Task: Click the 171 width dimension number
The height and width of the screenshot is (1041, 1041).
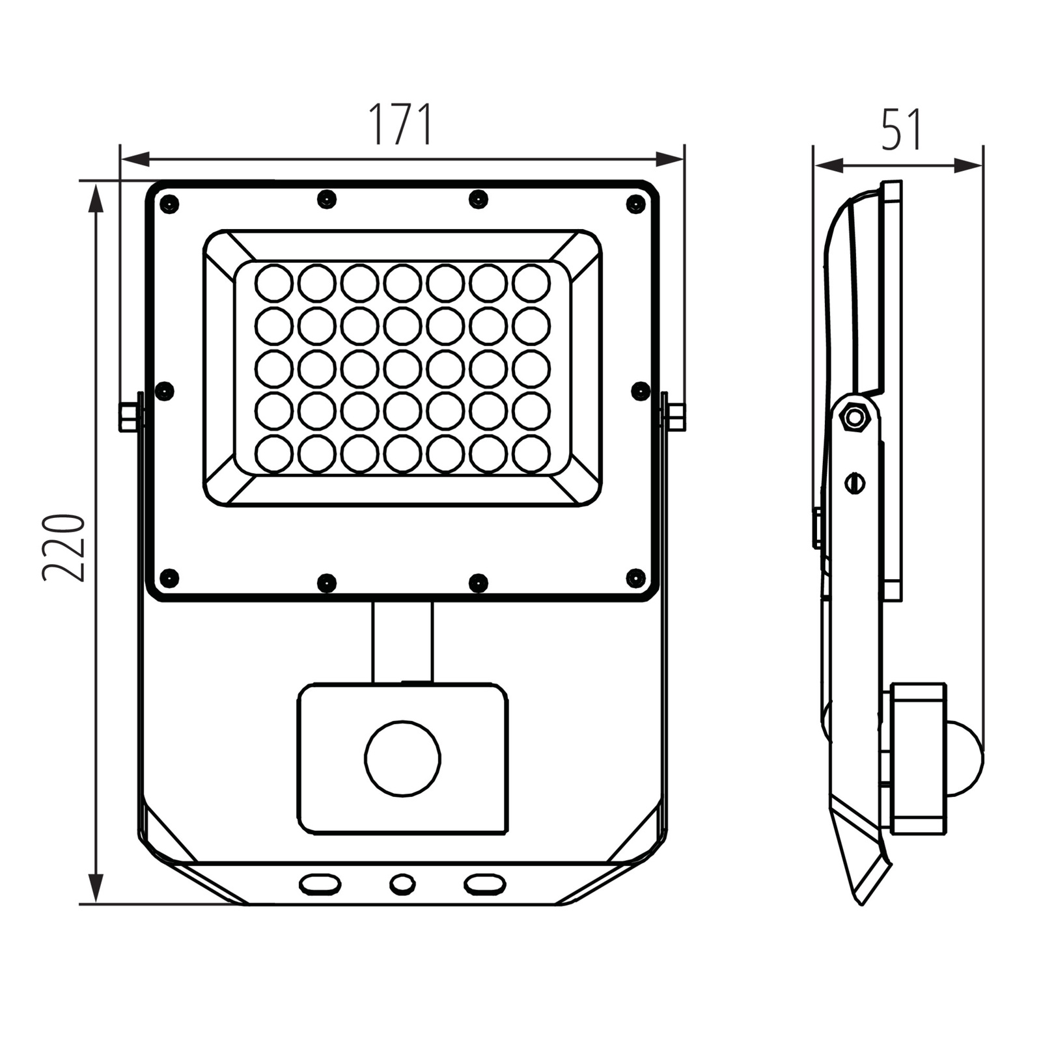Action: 401,125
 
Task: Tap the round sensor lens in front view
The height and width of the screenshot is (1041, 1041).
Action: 403,759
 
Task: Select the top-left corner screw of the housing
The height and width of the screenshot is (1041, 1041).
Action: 169,204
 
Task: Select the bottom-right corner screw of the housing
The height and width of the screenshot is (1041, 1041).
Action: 635,577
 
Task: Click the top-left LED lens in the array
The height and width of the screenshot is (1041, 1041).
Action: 274,283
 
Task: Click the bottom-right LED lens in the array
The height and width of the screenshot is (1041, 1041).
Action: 531,453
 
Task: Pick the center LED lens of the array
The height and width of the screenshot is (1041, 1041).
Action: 403,368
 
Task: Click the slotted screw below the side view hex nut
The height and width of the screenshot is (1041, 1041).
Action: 854,483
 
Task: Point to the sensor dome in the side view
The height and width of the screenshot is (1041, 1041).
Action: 965,757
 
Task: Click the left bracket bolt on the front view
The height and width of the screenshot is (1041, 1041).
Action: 130,417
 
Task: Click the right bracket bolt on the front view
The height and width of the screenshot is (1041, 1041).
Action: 675,417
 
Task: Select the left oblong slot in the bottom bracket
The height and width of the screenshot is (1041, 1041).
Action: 320,884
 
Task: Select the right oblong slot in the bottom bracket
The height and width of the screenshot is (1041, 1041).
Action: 484,884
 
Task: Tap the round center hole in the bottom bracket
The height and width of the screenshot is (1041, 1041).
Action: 402,884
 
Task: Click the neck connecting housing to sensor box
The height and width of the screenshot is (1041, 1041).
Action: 402,642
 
